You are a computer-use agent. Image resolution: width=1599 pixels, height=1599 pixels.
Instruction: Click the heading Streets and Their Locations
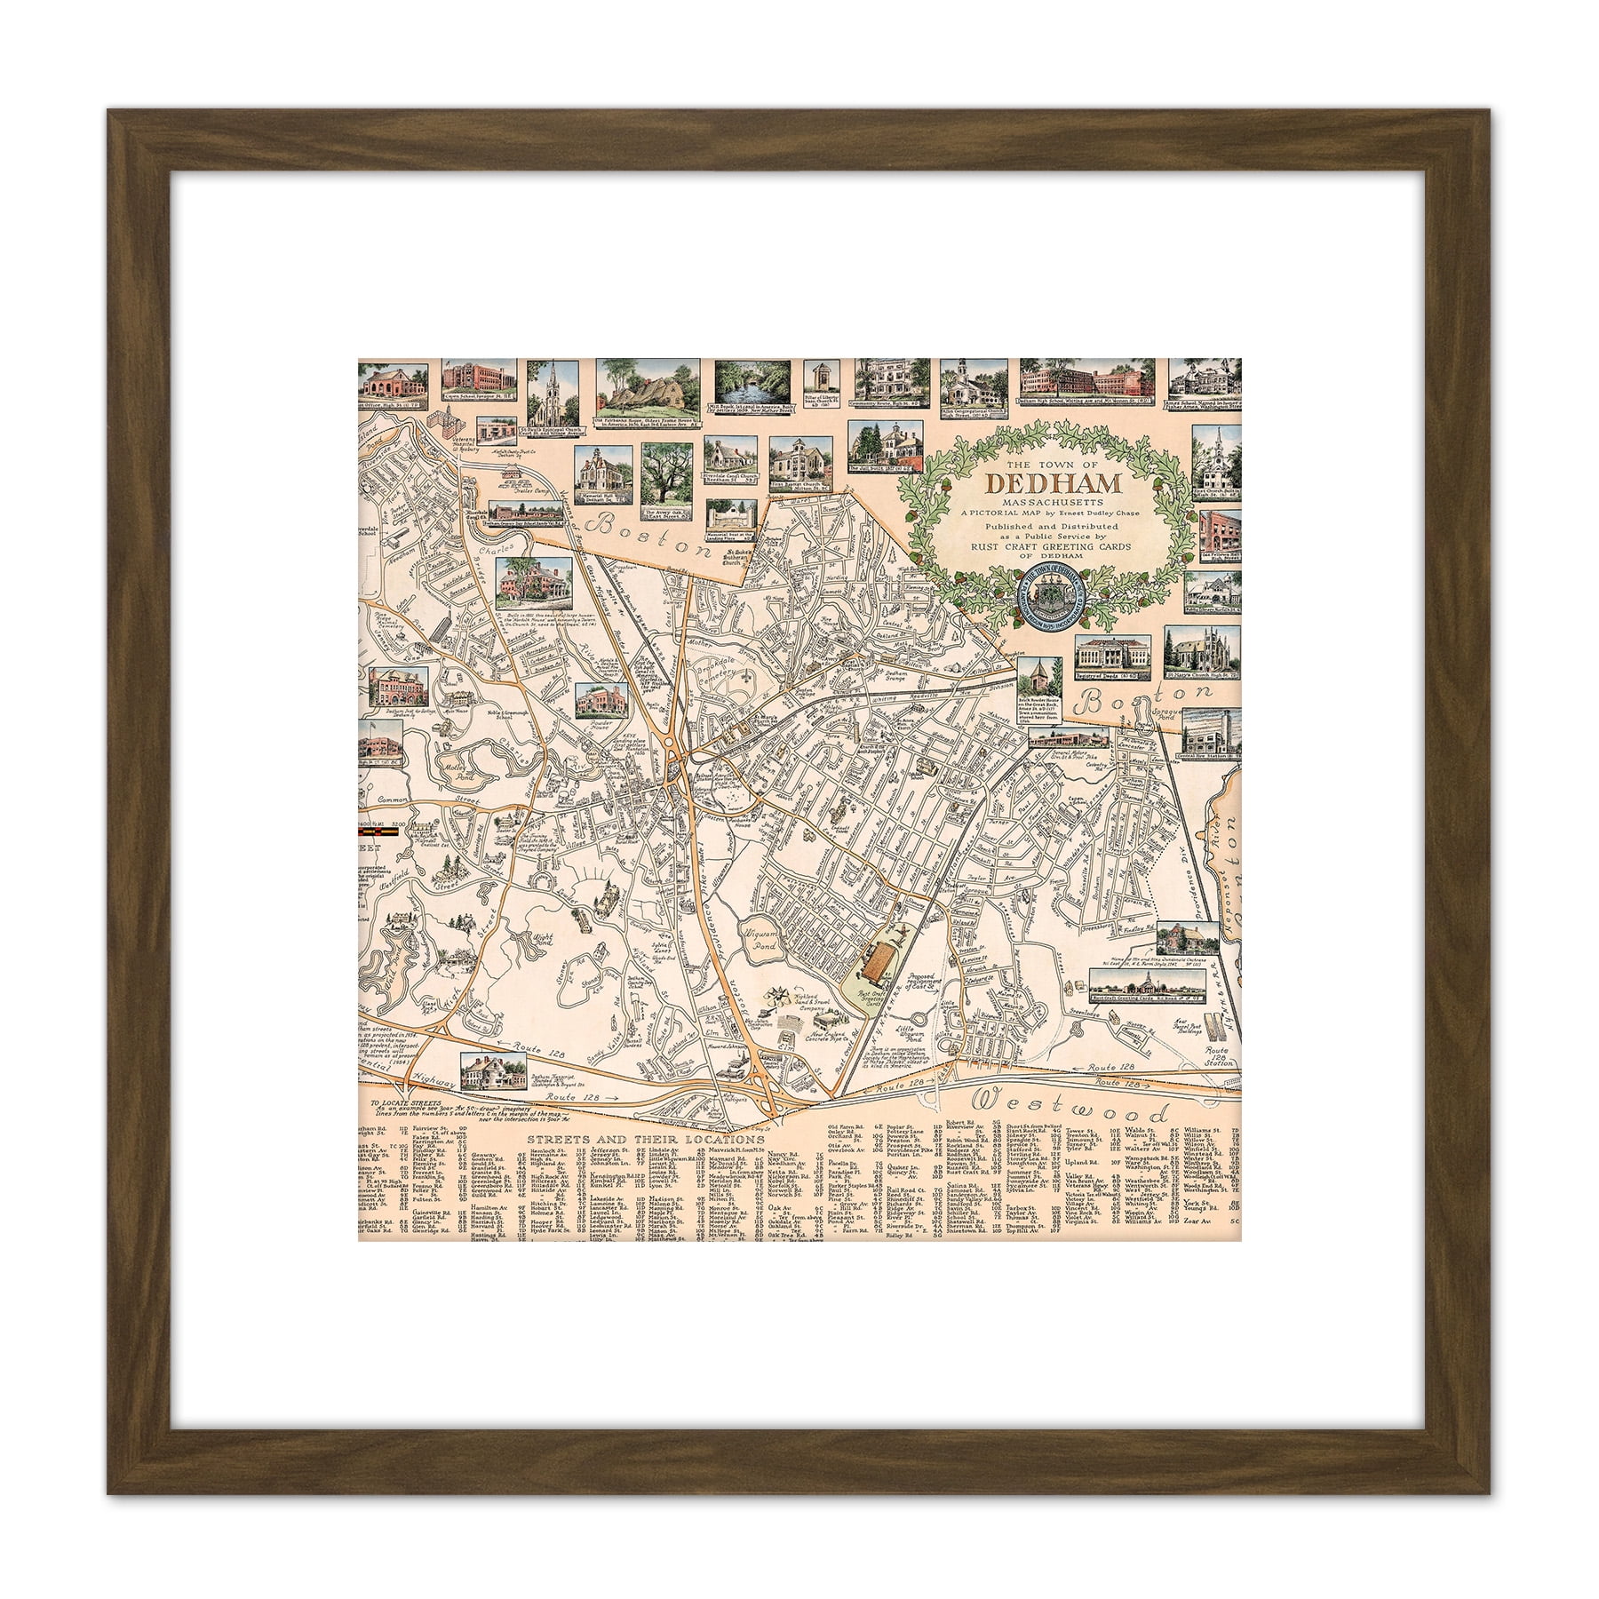(x=645, y=1139)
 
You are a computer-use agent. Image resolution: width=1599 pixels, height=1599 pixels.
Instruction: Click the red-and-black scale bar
(x=370, y=834)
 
